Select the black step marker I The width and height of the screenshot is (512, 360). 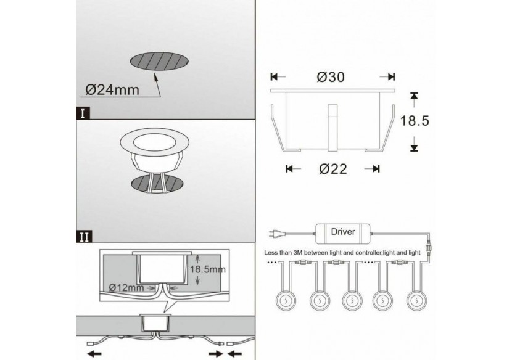[83, 113]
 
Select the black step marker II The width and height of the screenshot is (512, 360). [84, 235]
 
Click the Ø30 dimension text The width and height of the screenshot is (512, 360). [331, 77]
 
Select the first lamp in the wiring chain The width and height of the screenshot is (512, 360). [286, 300]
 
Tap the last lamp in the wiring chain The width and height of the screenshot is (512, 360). [417, 300]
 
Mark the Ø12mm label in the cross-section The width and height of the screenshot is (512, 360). [126, 288]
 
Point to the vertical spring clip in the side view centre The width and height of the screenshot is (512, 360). [332, 127]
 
